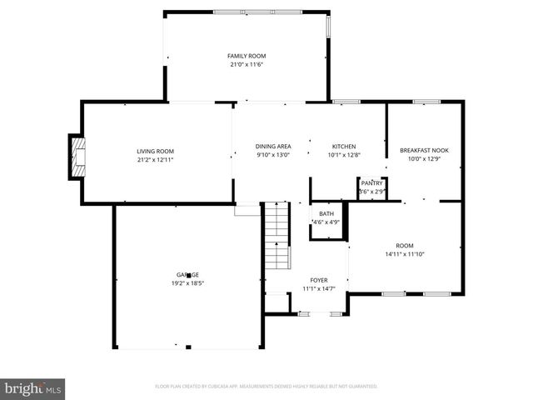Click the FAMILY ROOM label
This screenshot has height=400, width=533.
point(247,56)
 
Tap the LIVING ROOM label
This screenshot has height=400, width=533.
point(155,151)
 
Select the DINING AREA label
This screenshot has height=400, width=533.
point(273,147)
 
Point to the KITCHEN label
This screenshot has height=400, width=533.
point(344,147)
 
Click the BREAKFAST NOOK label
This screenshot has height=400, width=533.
point(425,151)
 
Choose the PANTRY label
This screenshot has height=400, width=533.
point(371,183)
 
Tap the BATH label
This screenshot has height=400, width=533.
point(326,213)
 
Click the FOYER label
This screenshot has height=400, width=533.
point(319,280)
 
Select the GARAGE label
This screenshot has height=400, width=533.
point(188,275)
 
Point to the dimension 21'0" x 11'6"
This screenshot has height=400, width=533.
point(247,64)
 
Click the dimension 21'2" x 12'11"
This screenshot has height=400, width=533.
point(155,159)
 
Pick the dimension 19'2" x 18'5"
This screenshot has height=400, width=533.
point(188,283)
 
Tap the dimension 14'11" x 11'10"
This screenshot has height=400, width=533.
point(405,254)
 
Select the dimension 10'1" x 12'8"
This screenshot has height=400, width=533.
point(344,155)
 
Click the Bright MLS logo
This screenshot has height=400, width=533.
point(33,388)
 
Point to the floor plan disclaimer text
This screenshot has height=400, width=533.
point(266,387)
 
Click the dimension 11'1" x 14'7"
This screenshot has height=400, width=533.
point(319,288)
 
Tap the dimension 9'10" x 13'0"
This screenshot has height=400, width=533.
point(273,155)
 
